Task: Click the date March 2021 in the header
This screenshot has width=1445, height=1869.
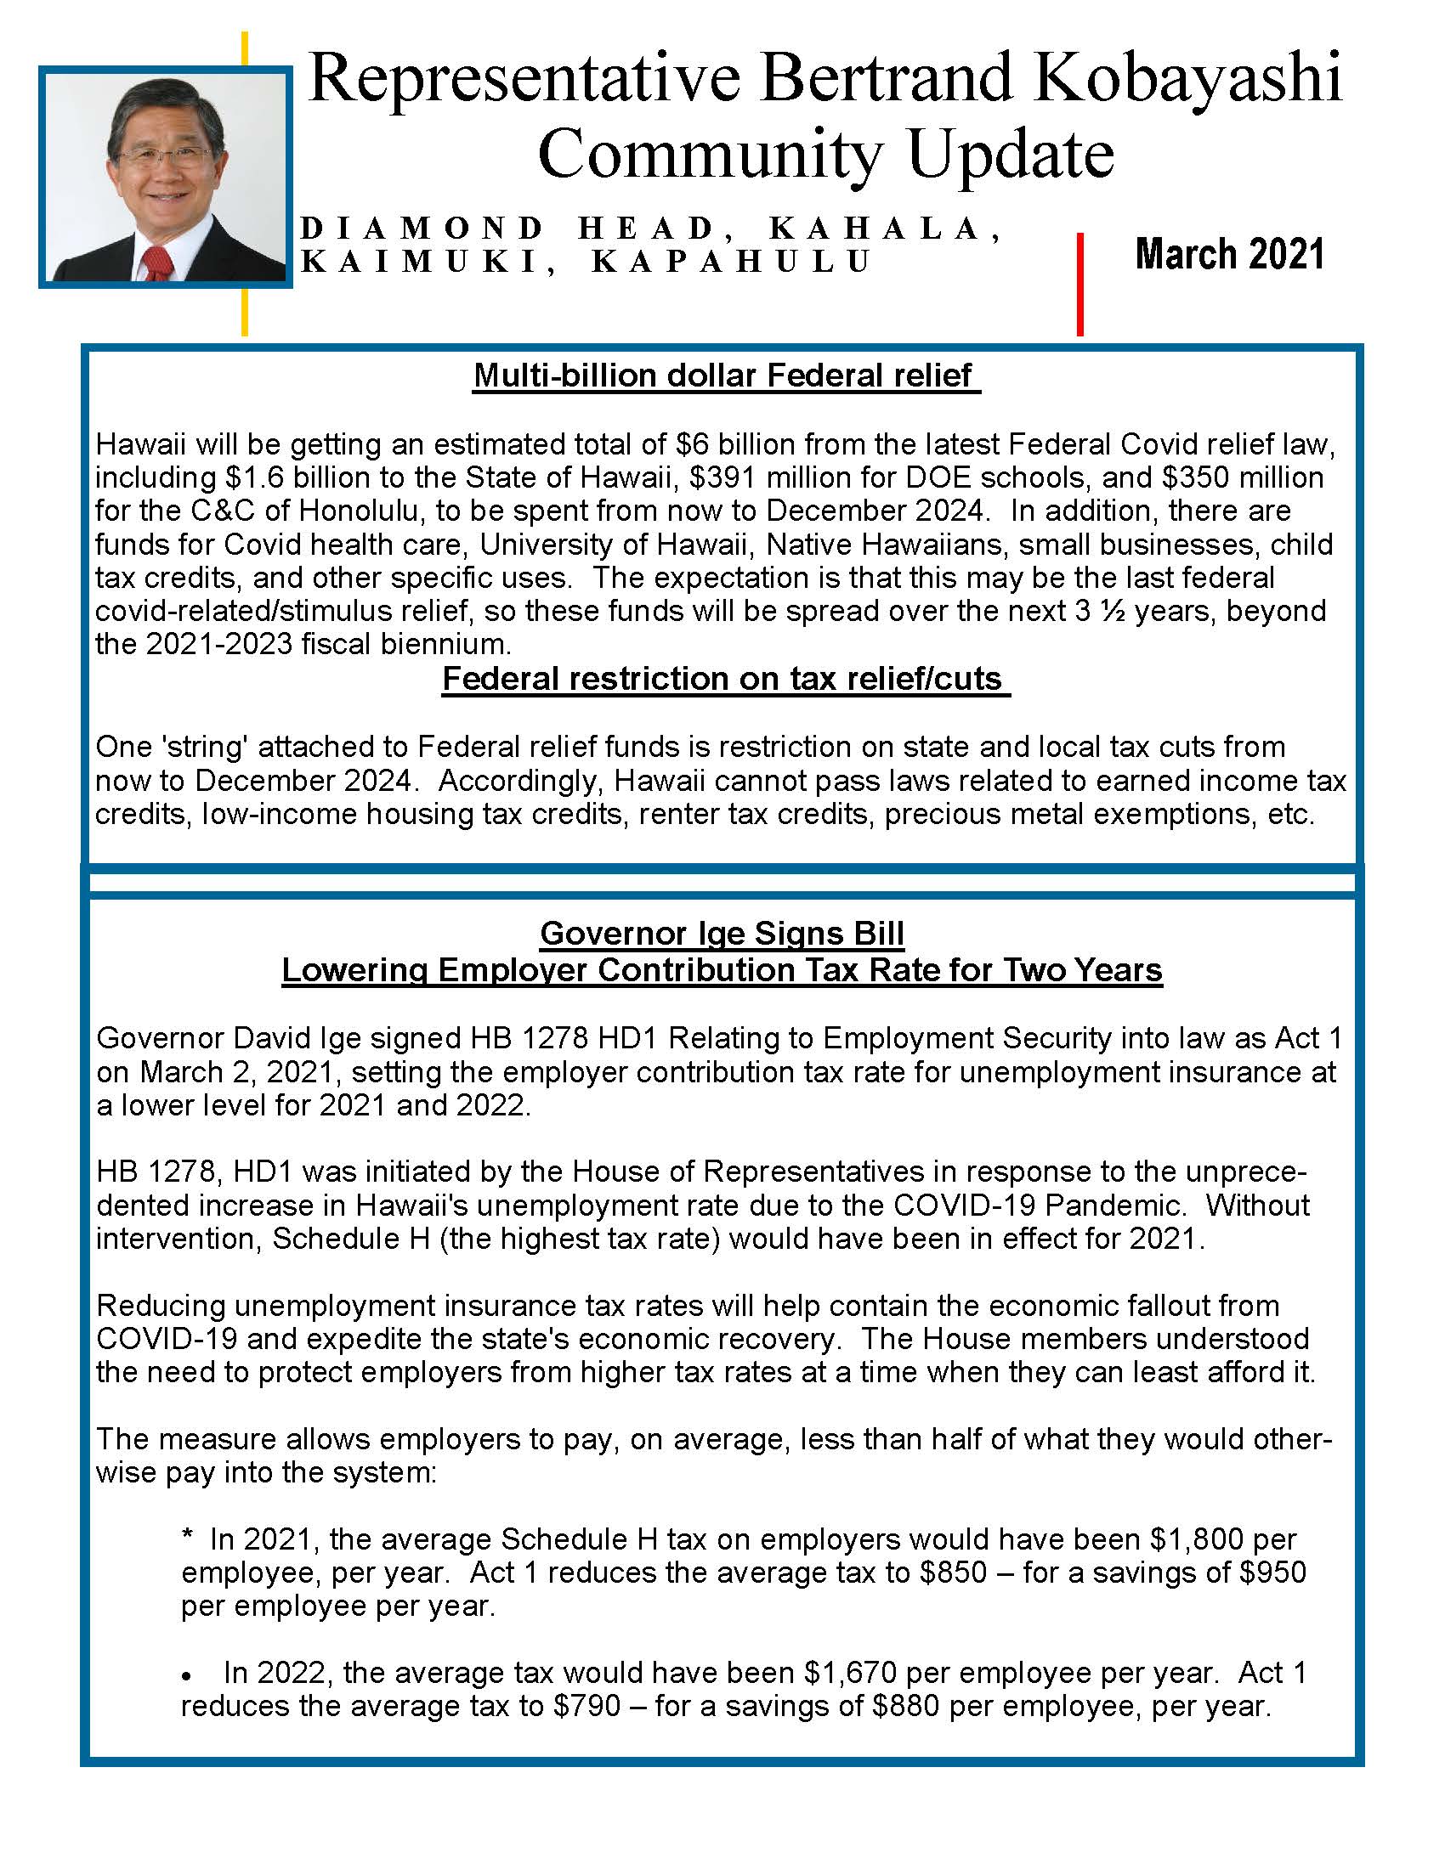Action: click(1229, 254)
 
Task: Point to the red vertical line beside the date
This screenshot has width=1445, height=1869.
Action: click(1079, 283)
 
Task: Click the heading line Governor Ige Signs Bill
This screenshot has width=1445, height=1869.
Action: click(722, 933)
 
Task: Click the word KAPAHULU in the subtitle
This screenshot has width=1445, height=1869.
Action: click(731, 261)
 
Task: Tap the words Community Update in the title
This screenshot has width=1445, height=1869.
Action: click(825, 154)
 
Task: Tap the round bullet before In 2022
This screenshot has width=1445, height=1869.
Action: click(186, 1675)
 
